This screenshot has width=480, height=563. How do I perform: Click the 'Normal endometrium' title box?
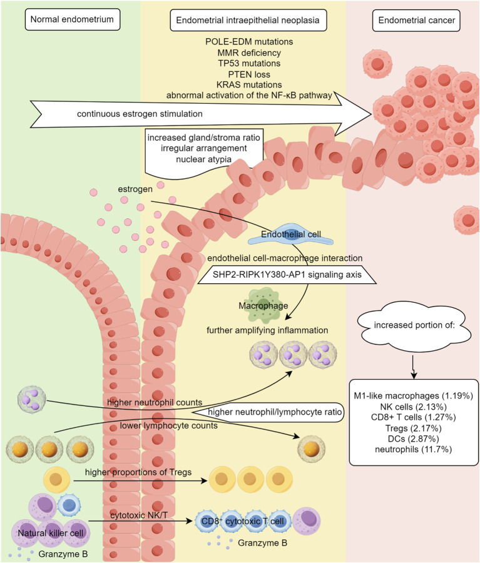(x=72, y=19)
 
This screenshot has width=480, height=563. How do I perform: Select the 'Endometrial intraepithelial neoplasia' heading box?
(x=248, y=20)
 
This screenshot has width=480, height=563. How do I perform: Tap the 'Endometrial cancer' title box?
(x=416, y=21)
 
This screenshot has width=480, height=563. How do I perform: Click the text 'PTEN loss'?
(x=249, y=74)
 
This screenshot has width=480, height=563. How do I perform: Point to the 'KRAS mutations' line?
(x=249, y=84)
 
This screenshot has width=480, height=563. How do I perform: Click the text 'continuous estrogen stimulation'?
(x=140, y=114)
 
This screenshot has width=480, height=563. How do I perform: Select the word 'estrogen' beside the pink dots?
(x=135, y=189)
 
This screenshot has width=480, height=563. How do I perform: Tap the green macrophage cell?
(x=263, y=305)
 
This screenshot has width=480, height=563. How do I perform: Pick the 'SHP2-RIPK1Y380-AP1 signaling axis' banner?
(x=287, y=275)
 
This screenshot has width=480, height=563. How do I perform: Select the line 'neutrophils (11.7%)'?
(x=413, y=449)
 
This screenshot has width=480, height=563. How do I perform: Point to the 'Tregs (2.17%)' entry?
(x=413, y=428)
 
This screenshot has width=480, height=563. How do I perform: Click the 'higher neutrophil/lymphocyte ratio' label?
(x=275, y=412)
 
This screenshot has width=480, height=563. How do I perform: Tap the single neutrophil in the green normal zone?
(x=32, y=400)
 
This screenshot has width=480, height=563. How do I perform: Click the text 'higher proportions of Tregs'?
(x=138, y=472)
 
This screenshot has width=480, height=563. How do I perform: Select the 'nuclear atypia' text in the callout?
(x=203, y=159)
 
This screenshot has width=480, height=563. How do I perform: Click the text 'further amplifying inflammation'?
(x=267, y=330)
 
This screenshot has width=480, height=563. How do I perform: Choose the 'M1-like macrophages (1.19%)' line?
(x=413, y=396)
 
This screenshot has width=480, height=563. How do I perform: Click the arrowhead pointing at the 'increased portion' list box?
(x=414, y=376)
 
